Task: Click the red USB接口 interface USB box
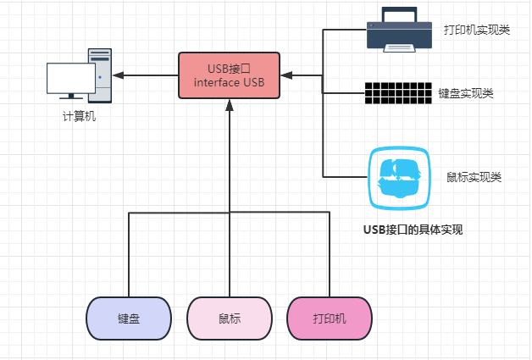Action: [x=229, y=75]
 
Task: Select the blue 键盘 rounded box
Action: [x=129, y=318]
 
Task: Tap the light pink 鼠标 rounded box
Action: [x=229, y=318]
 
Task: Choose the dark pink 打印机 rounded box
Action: [x=329, y=318]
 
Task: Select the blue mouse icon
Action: [x=398, y=177]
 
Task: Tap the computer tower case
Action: [x=100, y=75]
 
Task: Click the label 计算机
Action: [x=80, y=117]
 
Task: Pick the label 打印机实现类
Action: [x=477, y=30]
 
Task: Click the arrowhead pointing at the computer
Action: [x=119, y=75]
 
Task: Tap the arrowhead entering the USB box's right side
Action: [x=286, y=75]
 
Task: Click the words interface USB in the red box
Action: [x=229, y=82]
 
